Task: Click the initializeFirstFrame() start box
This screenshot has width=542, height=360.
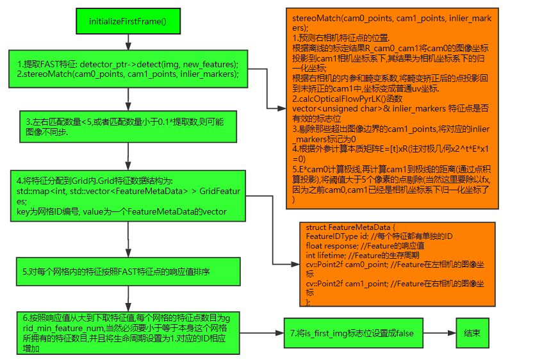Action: (127, 21)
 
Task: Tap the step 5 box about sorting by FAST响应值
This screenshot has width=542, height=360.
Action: (127, 272)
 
